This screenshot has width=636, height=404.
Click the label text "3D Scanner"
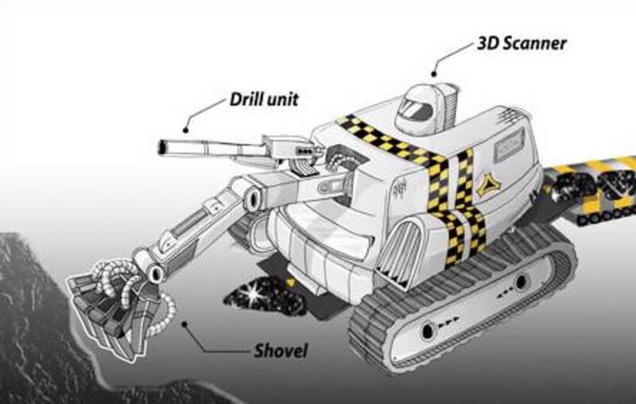point(522,43)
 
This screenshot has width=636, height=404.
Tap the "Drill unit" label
point(264,99)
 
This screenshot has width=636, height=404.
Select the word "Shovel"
point(281,351)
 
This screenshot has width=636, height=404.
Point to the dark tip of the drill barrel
point(162,147)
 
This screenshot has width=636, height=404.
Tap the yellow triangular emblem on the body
point(488,185)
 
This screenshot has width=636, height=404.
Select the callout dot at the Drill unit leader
point(186,130)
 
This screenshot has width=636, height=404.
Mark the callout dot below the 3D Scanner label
point(433,74)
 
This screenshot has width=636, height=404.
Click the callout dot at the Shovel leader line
point(184,324)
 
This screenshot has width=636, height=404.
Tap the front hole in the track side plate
point(428,332)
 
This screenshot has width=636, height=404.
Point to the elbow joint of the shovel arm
point(253,198)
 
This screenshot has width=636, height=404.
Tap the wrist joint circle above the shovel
point(154,274)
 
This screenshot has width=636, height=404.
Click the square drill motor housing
point(290,150)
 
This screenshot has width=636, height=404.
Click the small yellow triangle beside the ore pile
point(289,282)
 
